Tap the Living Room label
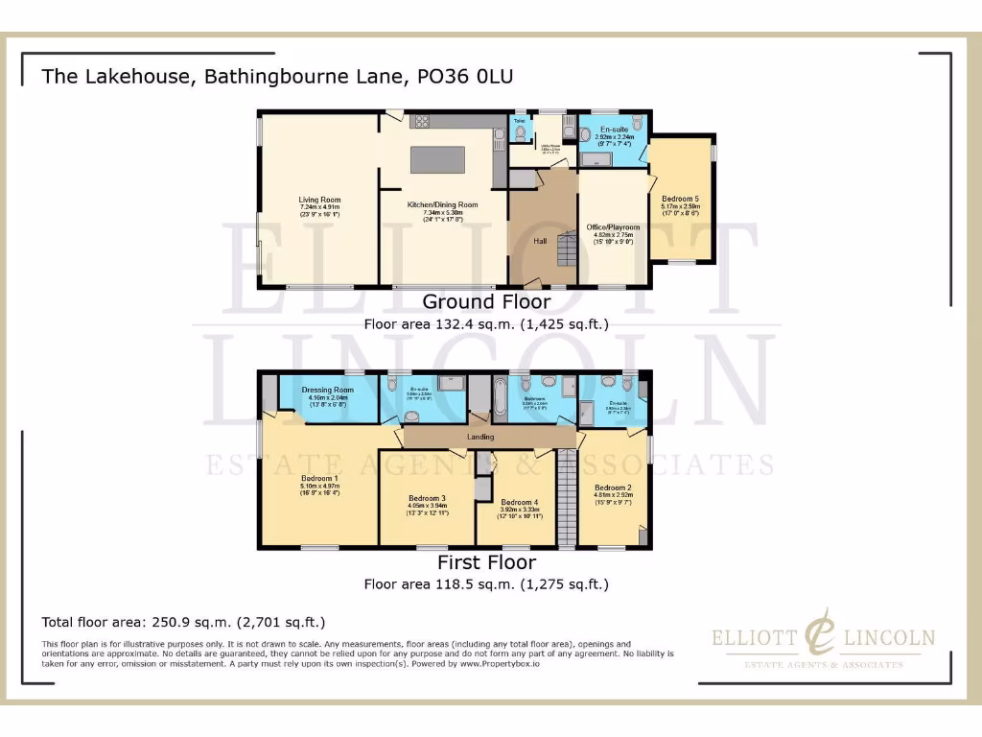pos(319,200)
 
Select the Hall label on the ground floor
pos(541,241)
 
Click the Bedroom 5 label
pos(680,198)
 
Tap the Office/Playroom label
pos(613,227)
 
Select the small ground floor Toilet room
pos(519,130)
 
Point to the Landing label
pos(479,438)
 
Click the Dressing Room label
pos(328,390)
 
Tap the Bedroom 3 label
pos(427,499)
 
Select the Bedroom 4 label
pos(519,502)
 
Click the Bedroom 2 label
pos(612,487)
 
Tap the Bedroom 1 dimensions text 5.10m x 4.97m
pos(319,487)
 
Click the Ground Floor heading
pos(486,302)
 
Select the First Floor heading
pos(486,562)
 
